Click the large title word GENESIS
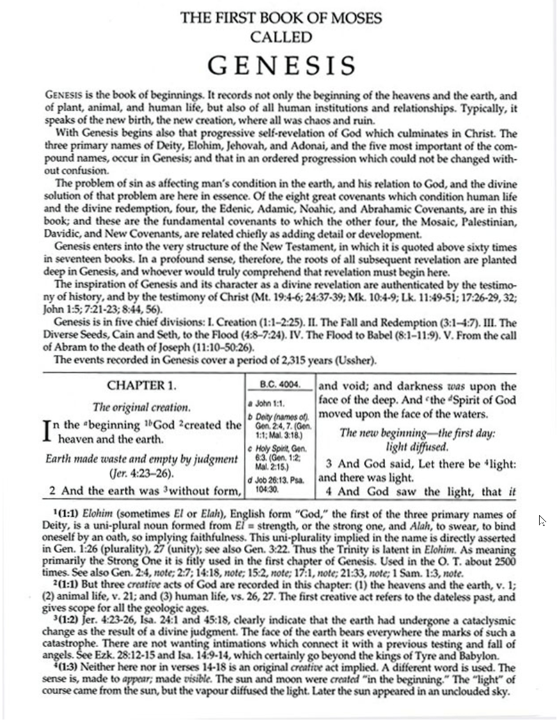tap(281, 66)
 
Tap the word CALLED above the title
tap(281, 37)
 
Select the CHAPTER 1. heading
tap(141, 386)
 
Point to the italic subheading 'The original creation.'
tap(141, 407)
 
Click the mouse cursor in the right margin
tap(542, 520)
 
